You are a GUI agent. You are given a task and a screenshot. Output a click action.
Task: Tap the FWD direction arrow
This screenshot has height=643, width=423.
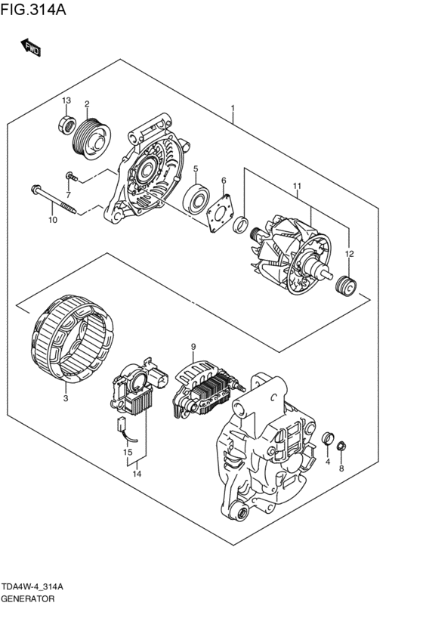coord(30,48)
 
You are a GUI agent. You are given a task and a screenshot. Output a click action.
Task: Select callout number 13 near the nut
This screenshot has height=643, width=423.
coord(66,101)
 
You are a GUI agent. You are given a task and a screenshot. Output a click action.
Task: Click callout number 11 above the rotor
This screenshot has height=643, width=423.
coord(297,186)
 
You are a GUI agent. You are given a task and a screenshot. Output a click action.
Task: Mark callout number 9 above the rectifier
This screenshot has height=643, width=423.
coord(193,347)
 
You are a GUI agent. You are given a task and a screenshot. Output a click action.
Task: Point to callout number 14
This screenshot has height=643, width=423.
coord(137,474)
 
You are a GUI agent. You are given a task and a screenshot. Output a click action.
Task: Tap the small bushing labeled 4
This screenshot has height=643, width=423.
coord(328,439)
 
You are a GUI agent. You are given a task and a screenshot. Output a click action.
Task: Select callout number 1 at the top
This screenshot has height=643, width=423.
coord(233,108)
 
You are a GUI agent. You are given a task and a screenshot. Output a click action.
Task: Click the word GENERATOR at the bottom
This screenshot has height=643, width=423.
coord(27,598)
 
